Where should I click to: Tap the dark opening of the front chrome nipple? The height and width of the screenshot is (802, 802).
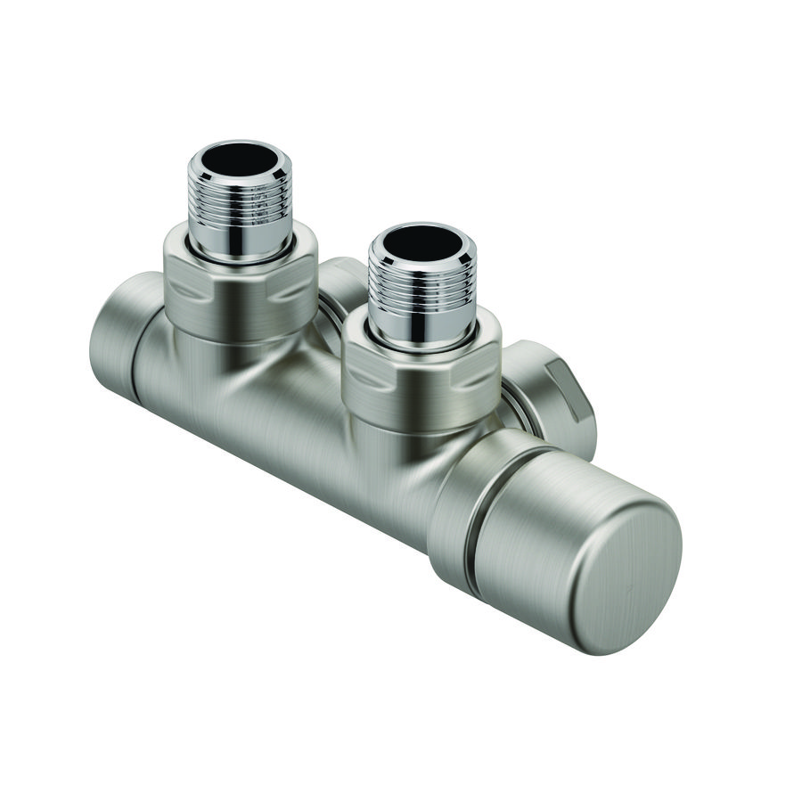click(x=421, y=241)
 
